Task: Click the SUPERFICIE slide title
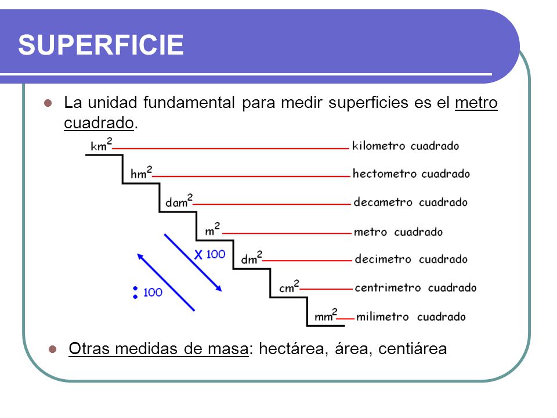100,45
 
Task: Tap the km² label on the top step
100,145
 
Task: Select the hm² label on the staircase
141,173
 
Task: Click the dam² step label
179,201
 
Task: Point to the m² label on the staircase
212,230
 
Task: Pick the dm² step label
252,258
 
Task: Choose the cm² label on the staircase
289,287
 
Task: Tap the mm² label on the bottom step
325,316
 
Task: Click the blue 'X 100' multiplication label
209,254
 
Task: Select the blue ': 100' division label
147,292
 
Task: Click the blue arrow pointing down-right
193,262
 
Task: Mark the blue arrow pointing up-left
165,282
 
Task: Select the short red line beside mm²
345,318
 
